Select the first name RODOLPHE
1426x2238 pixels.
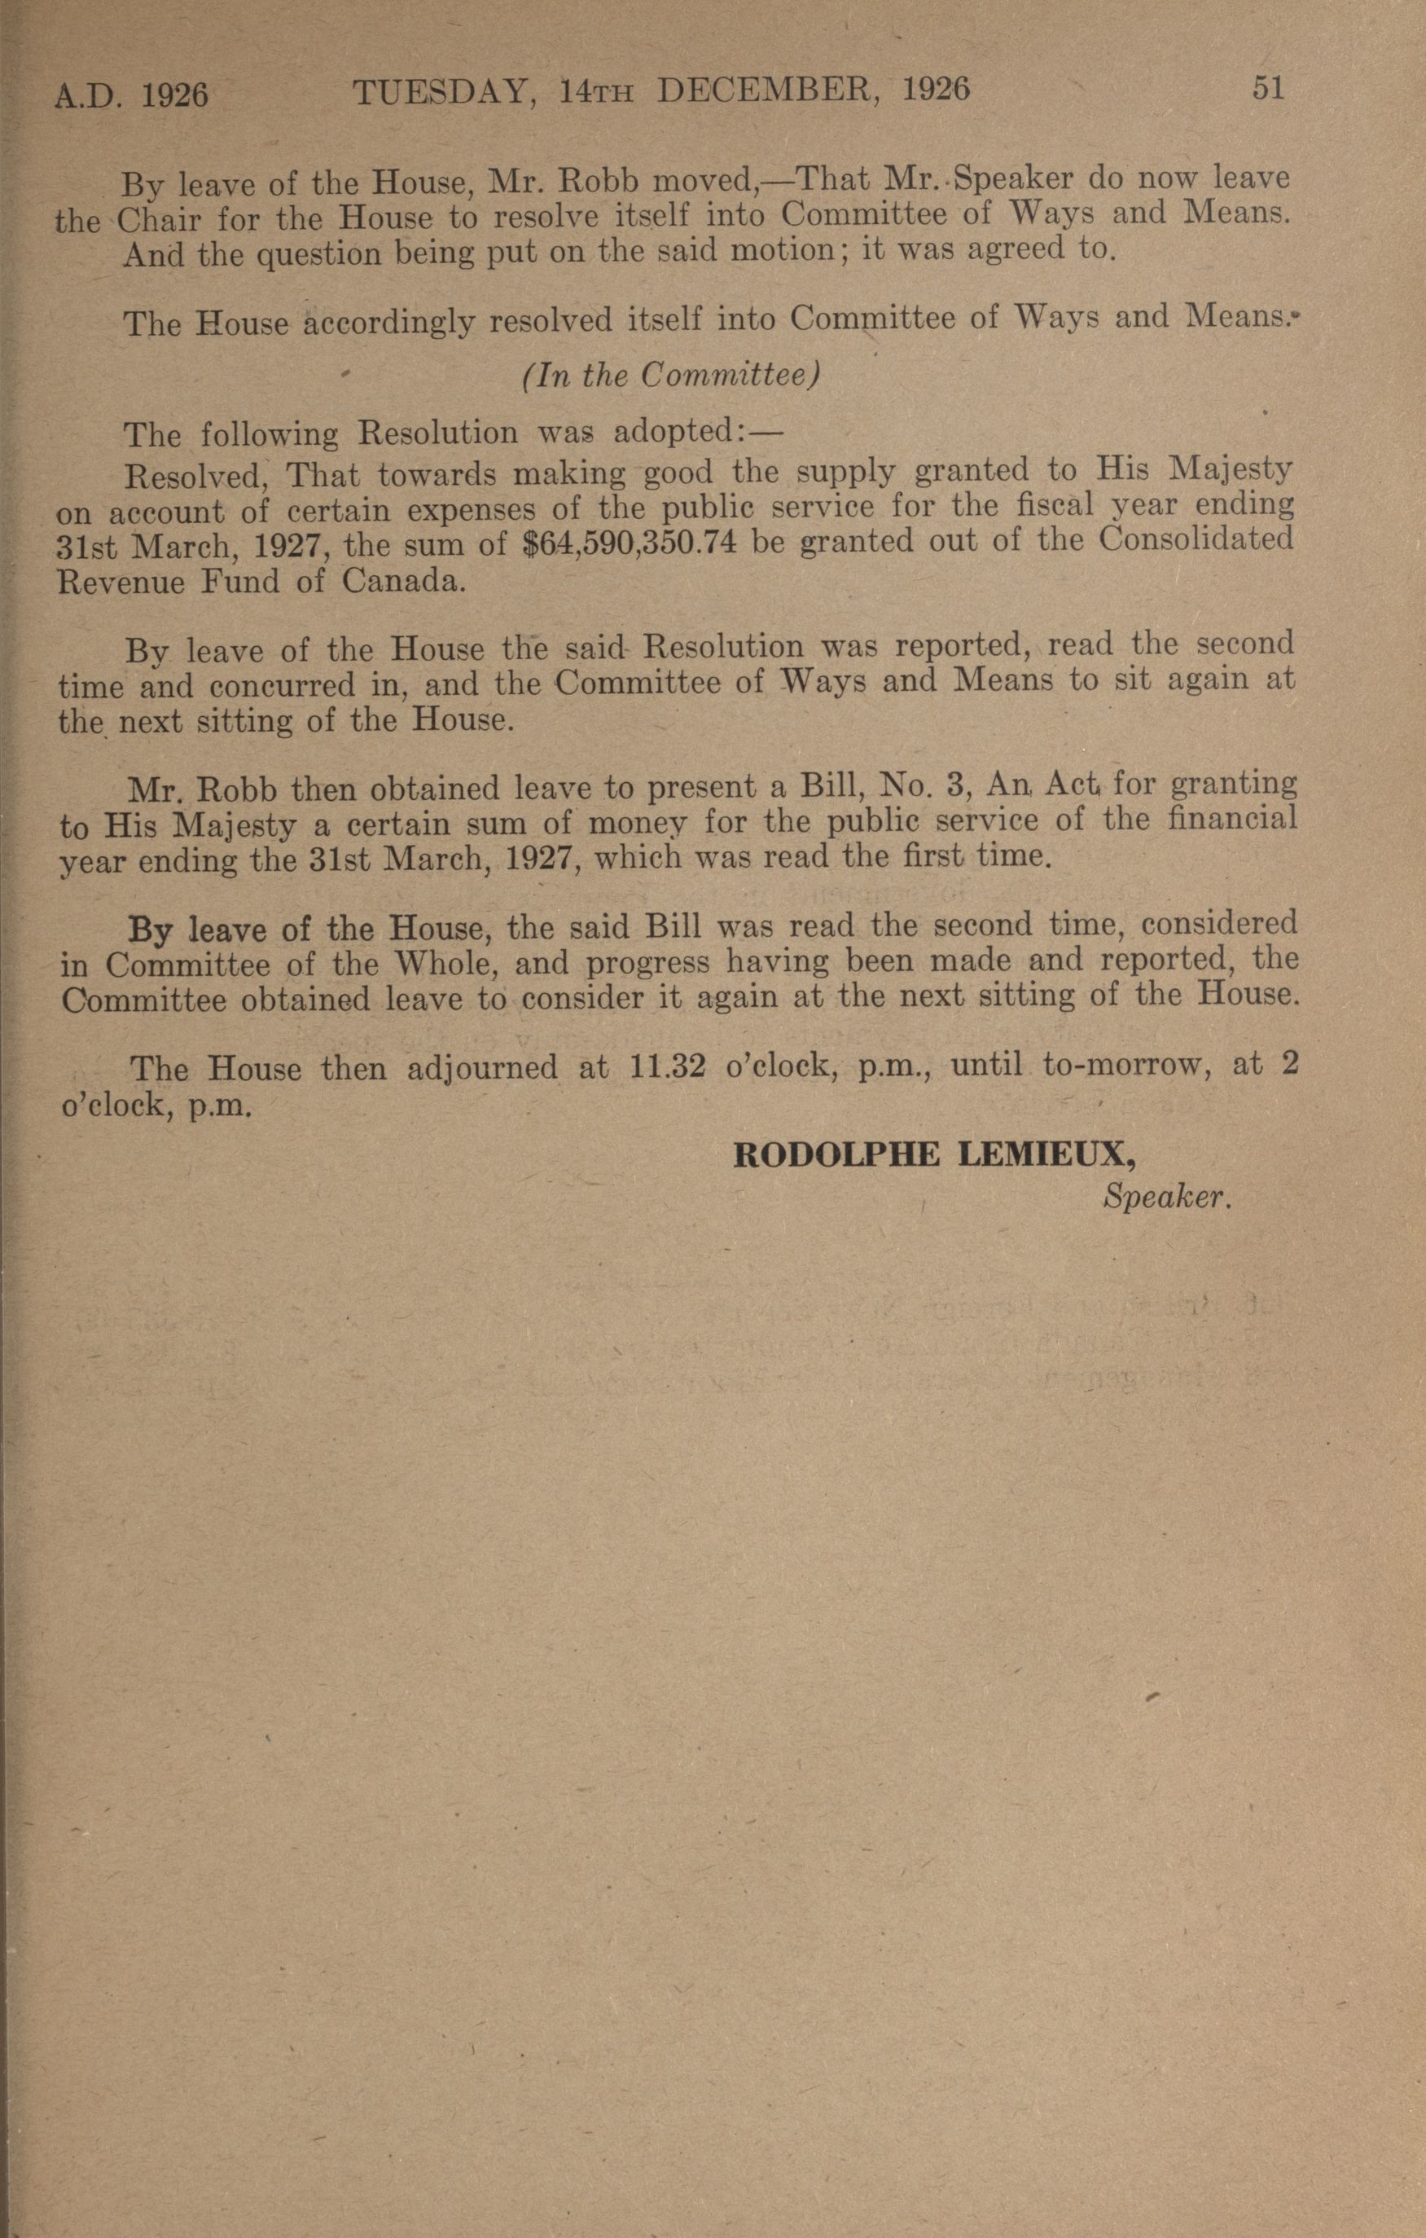(x=838, y=1155)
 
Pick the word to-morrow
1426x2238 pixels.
(x=1122, y=1065)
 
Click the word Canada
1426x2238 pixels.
(x=401, y=582)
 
